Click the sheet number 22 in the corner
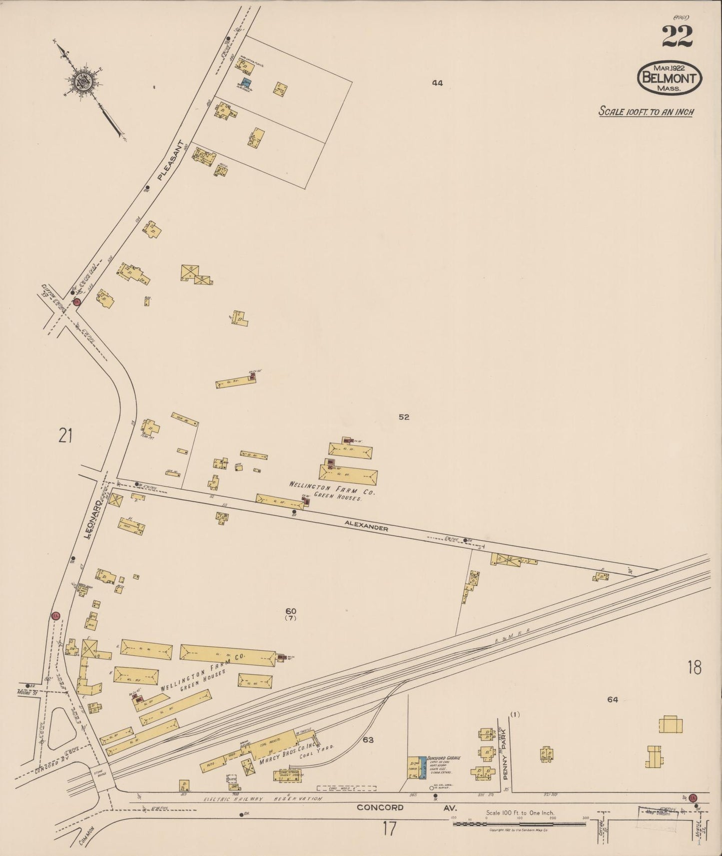[x=678, y=36]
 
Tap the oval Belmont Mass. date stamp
[x=670, y=78]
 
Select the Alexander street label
[x=366, y=527]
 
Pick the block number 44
[x=437, y=83]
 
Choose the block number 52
[x=404, y=417]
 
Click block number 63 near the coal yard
[x=368, y=740]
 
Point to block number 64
[x=613, y=700]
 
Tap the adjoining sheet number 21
[x=65, y=435]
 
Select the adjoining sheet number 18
[x=694, y=667]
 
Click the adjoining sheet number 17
[x=389, y=829]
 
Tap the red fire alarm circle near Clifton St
[x=76, y=302]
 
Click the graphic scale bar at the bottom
[x=520, y=824]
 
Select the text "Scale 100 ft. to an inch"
[x=646, y=111]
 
